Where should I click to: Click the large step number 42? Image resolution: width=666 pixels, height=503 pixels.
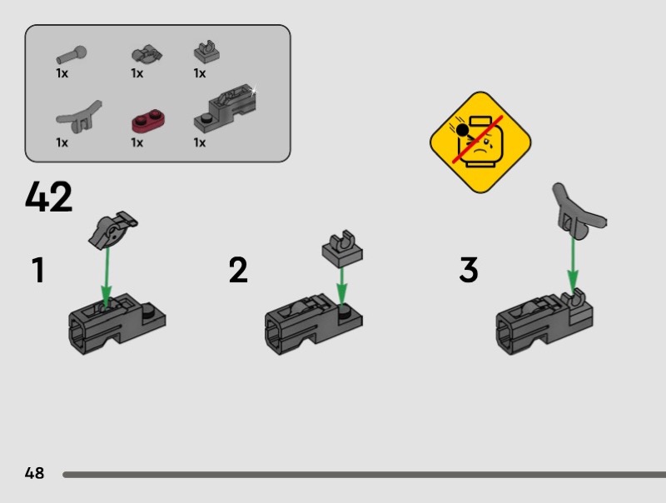click(x=48, y=197)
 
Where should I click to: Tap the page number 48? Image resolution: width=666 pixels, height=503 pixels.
click(x=34, y=473)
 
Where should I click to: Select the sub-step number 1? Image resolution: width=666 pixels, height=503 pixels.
click(x=38, y=270)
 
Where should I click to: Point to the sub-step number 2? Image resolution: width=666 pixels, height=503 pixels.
click(x=238, y=270)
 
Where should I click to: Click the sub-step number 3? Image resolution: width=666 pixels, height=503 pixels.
click(x=469, y=270)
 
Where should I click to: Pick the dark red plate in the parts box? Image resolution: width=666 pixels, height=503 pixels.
click(x=148, y=120)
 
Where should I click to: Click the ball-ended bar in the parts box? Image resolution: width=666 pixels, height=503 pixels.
click(x=72, y=55)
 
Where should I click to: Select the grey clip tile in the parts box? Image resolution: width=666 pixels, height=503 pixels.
click(x=206, y=52)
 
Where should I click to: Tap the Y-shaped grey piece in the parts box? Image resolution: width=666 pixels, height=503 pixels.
click(x=79, y=117)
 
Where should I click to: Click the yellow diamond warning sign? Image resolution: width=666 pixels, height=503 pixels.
click(x=480, y=142)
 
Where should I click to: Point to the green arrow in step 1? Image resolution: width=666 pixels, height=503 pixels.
click(x=107, y=276)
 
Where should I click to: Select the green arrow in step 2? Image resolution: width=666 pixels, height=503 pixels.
click(x=342, y=286)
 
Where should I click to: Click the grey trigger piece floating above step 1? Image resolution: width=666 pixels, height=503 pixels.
click(x=112, y=230)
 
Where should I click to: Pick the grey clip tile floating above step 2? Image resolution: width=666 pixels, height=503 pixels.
click(x=342, y=249)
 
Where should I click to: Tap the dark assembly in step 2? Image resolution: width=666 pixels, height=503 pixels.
click(x=314, y=323)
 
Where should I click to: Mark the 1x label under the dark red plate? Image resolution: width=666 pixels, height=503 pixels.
click(x=137, y=142)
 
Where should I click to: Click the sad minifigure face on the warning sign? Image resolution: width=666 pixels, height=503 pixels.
click(x=481, y=144)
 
